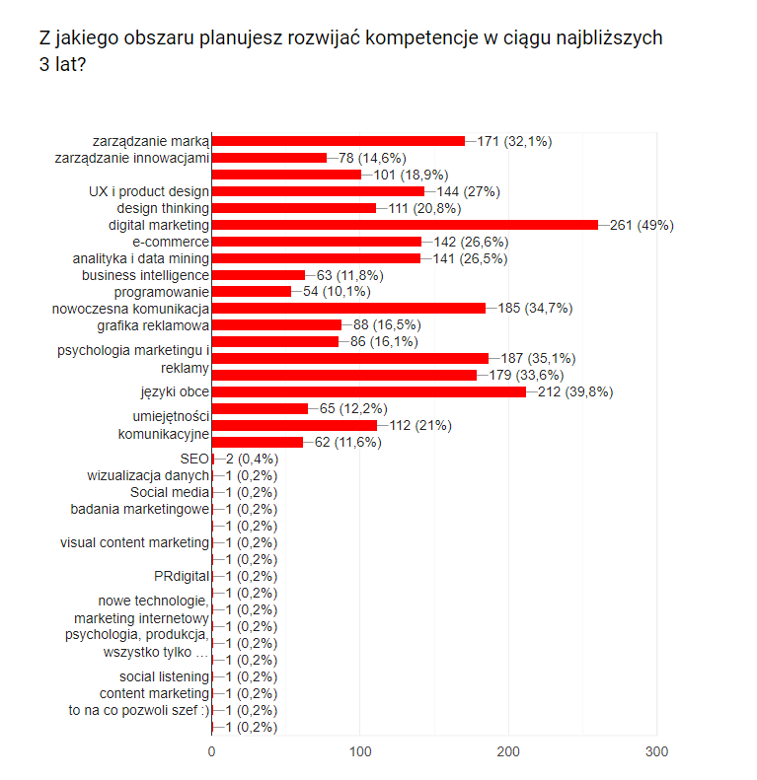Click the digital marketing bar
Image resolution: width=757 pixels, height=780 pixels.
[x=405, y=225]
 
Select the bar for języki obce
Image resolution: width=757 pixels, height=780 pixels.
[x=368, y=392]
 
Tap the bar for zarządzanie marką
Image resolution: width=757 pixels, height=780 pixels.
[x=338, y=141]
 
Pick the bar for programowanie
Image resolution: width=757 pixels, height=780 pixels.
[x=252, y=292]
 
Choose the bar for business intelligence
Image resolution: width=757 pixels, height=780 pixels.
[x=259, y=275]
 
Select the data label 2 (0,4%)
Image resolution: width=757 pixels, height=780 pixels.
[x=252, y=459]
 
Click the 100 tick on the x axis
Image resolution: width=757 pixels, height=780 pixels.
[x=360, y=752]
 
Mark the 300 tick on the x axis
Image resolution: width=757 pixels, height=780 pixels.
[x=656, y=752]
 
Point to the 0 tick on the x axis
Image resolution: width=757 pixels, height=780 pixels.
[x=212, y=752]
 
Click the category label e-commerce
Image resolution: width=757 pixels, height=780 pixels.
[x=171, y=242]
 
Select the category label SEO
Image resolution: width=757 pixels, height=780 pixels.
[x=194, y=459]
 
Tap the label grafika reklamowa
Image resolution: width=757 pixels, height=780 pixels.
[x=153, y=325]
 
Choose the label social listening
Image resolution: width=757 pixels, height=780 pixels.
[x=164, y=676]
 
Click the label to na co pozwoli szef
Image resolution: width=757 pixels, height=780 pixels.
[x=138, y=710]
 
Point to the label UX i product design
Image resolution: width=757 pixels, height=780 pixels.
[x=149, y=191]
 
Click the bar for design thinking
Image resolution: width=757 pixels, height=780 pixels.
[x=294, y=208]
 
